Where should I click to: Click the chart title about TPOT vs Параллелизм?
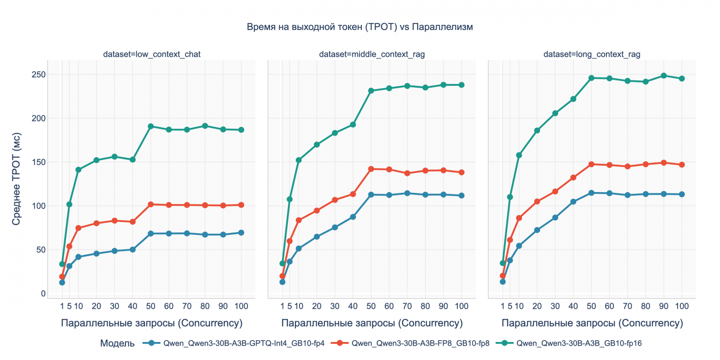click(360, 27)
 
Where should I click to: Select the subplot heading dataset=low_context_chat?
click(151, 54)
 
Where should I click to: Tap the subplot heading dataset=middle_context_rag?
click(372, 54)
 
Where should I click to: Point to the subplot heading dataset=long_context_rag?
click(592, 54)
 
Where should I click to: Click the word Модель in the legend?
click(117, 343)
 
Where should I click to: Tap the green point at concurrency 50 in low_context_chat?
click(150, 126)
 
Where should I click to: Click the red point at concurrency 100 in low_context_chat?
click(241, 205)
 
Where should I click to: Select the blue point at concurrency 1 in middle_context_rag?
click(282, 282)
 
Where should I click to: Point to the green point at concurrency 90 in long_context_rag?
click(664, 76)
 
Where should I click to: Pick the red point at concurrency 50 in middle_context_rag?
click(371, 169)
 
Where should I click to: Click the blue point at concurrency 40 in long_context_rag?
click(573, 202)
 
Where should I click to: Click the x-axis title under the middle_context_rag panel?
click(372, 323)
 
